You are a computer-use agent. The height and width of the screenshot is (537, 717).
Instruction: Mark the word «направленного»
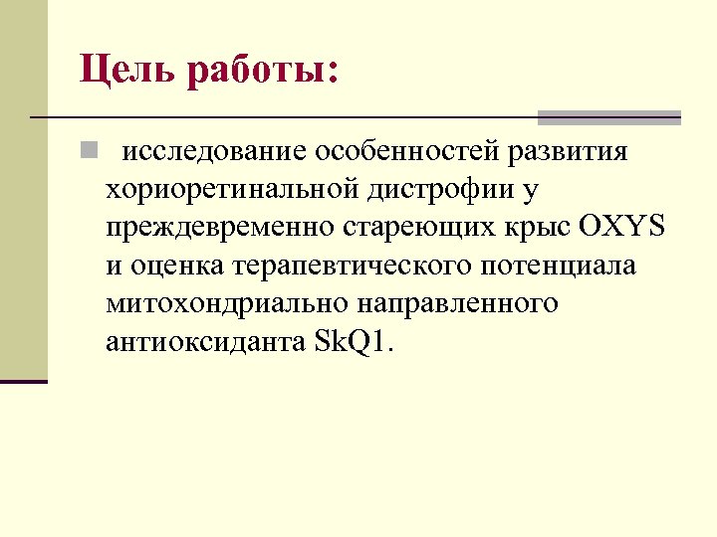pyautogui.click(x=454, y=303)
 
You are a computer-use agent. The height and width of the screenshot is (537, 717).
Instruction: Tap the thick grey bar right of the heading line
pyautogui.click(x=608, y=117)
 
